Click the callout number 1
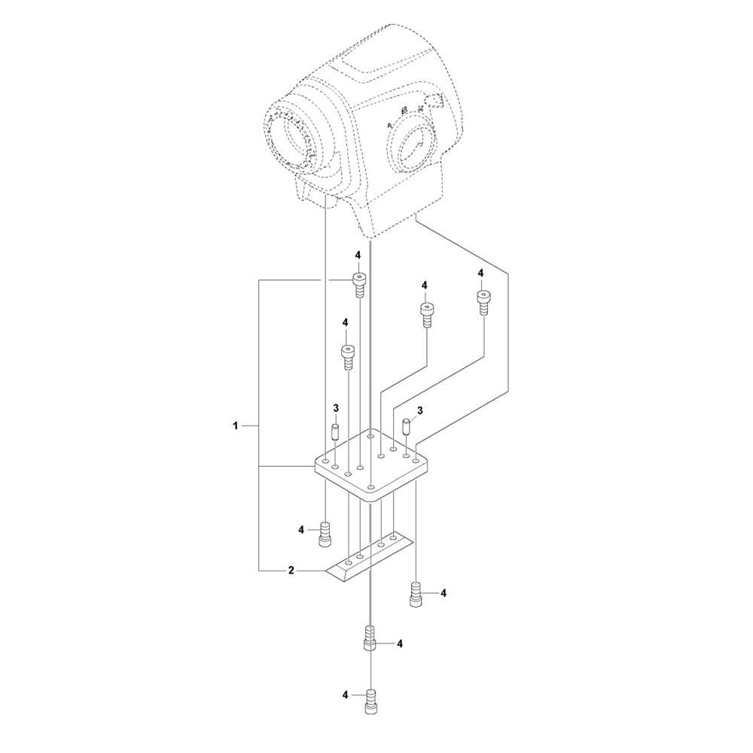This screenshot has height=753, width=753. (236, 426)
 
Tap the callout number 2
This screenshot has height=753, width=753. (291, 571)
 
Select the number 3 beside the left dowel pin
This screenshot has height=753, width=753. (336, 408)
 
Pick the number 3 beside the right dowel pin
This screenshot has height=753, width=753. (420, 410)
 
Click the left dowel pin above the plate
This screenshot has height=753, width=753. (336, 434)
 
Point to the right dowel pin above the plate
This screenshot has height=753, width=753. (407, 427)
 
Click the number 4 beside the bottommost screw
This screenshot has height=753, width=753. (345, 695)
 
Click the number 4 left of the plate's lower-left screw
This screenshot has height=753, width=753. (301, 530)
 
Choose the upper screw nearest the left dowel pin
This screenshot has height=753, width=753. (348, 355)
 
